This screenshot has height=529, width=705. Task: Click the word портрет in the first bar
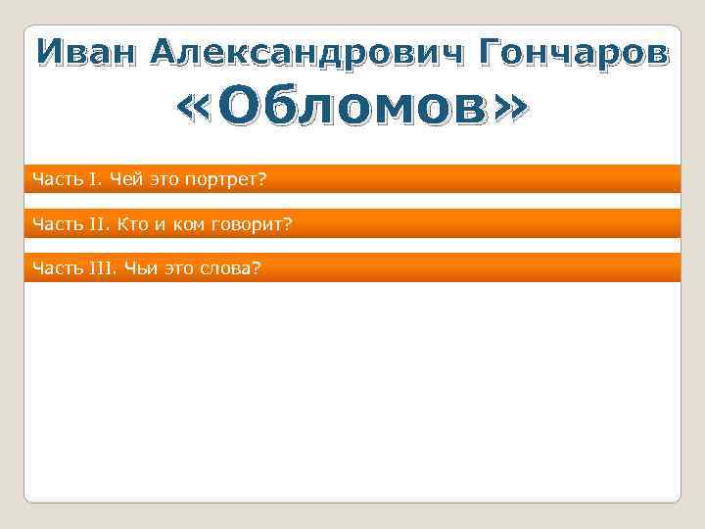pyautogui.click(x=230, y=178)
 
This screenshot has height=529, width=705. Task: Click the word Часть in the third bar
pyautogui.click(x=54, y=267)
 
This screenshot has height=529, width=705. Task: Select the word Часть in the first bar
pyautogui.click(x=54, y=178)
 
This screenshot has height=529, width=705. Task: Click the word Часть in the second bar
pyautogui.click(x=54, y=223)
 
